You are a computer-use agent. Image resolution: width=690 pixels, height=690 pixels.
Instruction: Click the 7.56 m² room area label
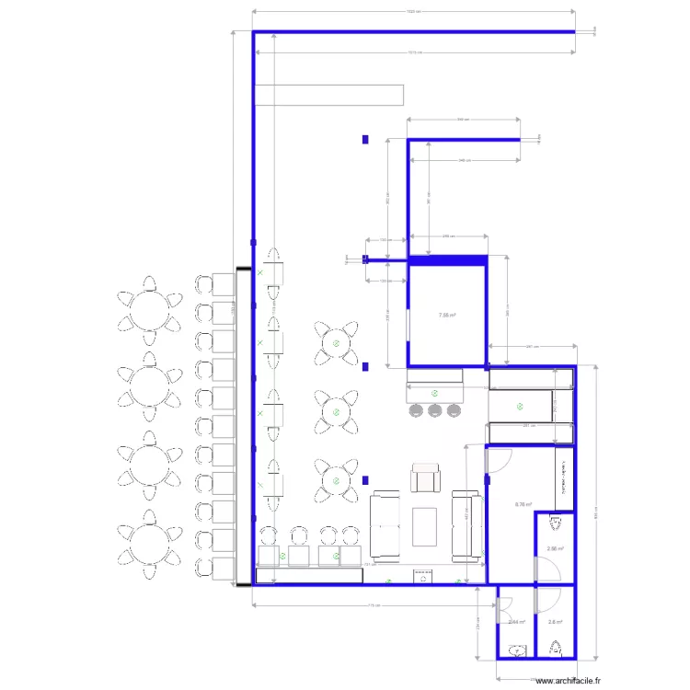pyautogui.click(x=447, y=314)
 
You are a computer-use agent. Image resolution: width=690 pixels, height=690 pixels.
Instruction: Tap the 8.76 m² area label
pyautogui.click(x=520, y=503)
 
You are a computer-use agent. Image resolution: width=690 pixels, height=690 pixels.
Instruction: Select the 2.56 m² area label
pyautogui.click(x=554, y=549)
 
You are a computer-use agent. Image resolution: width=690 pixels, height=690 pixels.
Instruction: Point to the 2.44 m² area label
pyautogui.click(x=517, y=621)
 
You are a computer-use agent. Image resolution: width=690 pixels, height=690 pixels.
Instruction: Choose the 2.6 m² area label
pyautogui.click(x=554, y=621)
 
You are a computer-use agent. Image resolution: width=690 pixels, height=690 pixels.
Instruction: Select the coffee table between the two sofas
pyautogui.click(x=425, y=526)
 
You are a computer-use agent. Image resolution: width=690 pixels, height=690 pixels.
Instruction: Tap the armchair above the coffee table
pyautogui.click(x=426, y=478)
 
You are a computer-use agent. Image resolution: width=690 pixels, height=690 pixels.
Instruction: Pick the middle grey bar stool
pyautogui.click(x=434, y=408)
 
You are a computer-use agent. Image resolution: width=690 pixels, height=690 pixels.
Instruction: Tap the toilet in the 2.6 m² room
pyautogui.click(x=555, y=650)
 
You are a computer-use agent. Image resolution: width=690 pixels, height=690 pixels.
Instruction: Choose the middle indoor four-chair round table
pyautogui.click(x=338, y=409)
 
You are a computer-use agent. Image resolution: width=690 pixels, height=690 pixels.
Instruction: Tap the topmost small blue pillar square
pyautogui.click(x=365, y=140)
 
